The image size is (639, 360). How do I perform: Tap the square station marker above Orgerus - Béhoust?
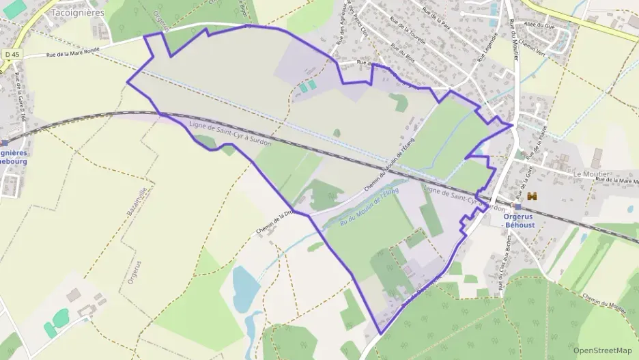pos(517,207)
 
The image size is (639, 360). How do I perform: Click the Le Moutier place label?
pos(591,174)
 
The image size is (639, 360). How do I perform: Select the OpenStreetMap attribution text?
pos(602,350)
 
